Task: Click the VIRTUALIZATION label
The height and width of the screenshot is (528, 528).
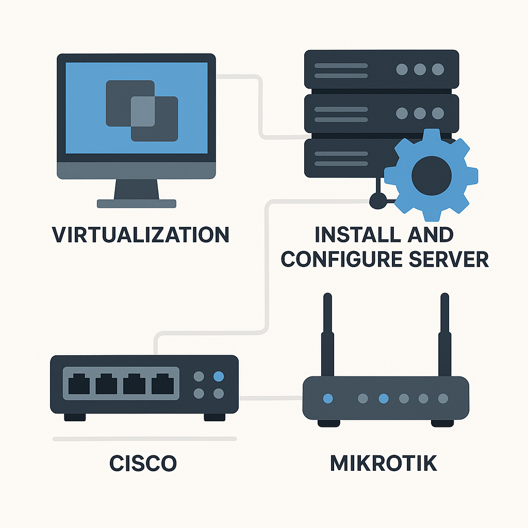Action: click(x=141, y=235)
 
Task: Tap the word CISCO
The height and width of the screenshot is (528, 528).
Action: click(x=143, y=463)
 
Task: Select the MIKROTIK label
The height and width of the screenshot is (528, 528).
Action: click(x=383, y=463)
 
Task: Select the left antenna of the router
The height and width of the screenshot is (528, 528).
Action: click(x=327, y=335)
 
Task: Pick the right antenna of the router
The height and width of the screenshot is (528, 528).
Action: click(x=444, y=335)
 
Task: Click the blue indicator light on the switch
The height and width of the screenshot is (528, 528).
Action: click(x=218, y=376)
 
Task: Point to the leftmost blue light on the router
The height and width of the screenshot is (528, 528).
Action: click(x=327, y=398)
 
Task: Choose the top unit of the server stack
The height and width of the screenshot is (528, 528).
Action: click(x=382, y=69)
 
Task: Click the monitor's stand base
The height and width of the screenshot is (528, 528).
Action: click(x=137, y=204)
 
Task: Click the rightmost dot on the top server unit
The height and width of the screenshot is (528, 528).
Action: click(x=438, y=69)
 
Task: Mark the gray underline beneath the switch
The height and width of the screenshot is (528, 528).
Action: click(x=144, y=439)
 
